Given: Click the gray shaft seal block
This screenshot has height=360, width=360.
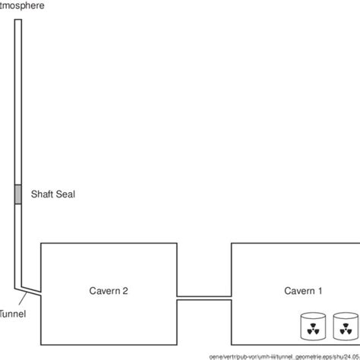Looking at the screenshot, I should pos(18,194).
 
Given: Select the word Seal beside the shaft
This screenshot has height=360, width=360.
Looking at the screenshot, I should pos(67,194).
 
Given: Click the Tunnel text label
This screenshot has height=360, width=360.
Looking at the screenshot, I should pos(13,313).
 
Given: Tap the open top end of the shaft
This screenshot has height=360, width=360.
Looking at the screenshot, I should pos(18,21).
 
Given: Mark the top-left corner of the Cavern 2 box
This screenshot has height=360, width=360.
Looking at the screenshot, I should pos(40,244).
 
